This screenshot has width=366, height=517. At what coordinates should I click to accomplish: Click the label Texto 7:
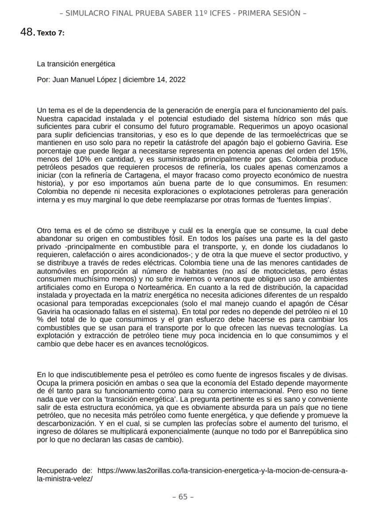click(51, 33)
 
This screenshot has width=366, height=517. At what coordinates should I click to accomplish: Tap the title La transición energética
click(76, 64)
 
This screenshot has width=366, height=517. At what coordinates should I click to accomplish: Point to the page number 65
click(183, 497)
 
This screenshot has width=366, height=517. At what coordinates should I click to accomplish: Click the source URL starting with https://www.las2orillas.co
click(222, 471)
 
